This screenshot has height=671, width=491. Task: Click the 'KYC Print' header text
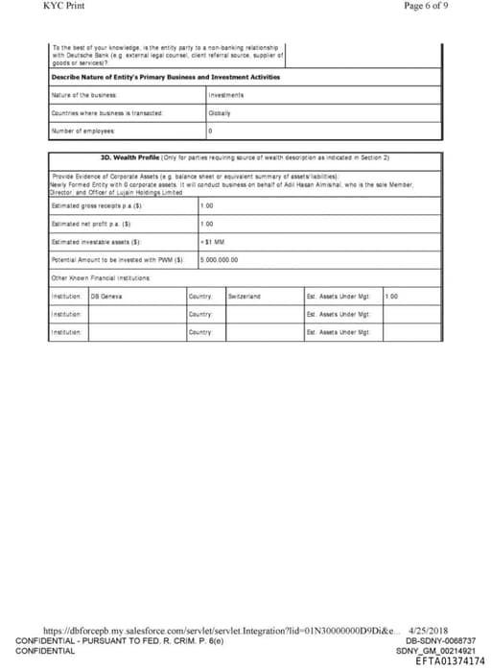63,6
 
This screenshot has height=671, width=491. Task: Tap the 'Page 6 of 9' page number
426,6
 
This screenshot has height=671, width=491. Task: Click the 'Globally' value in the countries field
221,112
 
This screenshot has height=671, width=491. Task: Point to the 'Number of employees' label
82,130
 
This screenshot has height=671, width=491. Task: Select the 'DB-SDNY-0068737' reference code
441,640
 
